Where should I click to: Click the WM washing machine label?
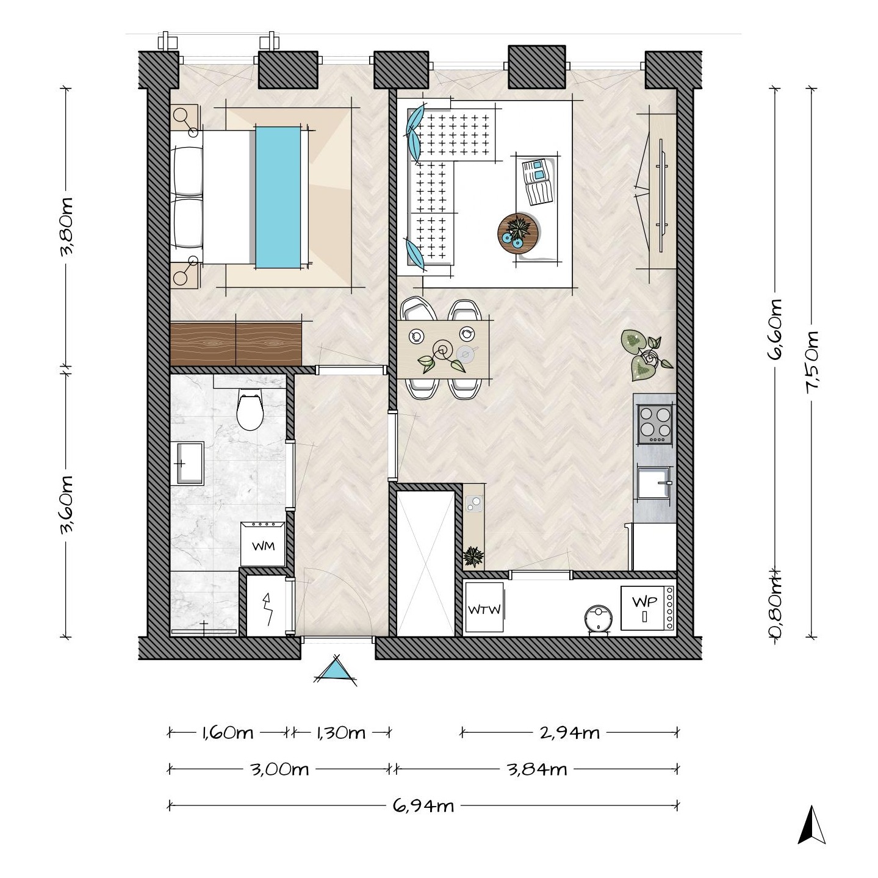pos(263,546)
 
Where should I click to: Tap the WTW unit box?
pos(484,607)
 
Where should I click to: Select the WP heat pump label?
pos(645,602)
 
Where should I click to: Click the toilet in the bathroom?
pos(250,409)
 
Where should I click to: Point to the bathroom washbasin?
pos(187,462)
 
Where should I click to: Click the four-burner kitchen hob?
pos(655,424)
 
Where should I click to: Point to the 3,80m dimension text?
pos(67,226)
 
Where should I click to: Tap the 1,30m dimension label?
pos(341,733)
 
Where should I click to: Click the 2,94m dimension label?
pos(569,733)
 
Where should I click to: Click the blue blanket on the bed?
pos(278,197)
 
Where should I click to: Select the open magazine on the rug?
pos(539,181)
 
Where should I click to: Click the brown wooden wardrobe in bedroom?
pos(236,344)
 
